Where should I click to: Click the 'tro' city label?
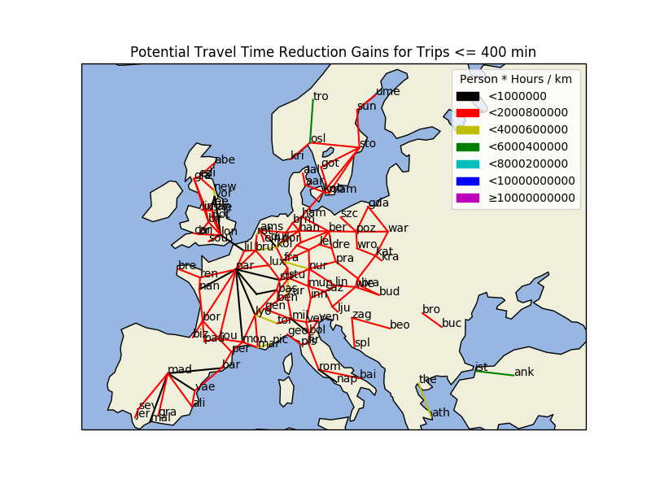[321, 97]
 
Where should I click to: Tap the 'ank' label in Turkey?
[524, 373]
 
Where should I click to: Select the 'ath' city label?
[440, 413]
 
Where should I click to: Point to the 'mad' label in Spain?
[180, 370]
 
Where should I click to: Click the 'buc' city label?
[452, 324]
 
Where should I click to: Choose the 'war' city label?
[398, 229]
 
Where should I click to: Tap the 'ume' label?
[388, 92]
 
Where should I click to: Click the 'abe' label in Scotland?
[225, 160]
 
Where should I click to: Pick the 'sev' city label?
[146, 406]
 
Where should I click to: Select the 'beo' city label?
[400, 325]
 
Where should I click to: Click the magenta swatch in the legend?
[467, 198]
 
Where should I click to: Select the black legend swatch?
[467, 96]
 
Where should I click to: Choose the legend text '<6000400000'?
[527, 147]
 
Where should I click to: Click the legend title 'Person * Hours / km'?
[516, 80]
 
